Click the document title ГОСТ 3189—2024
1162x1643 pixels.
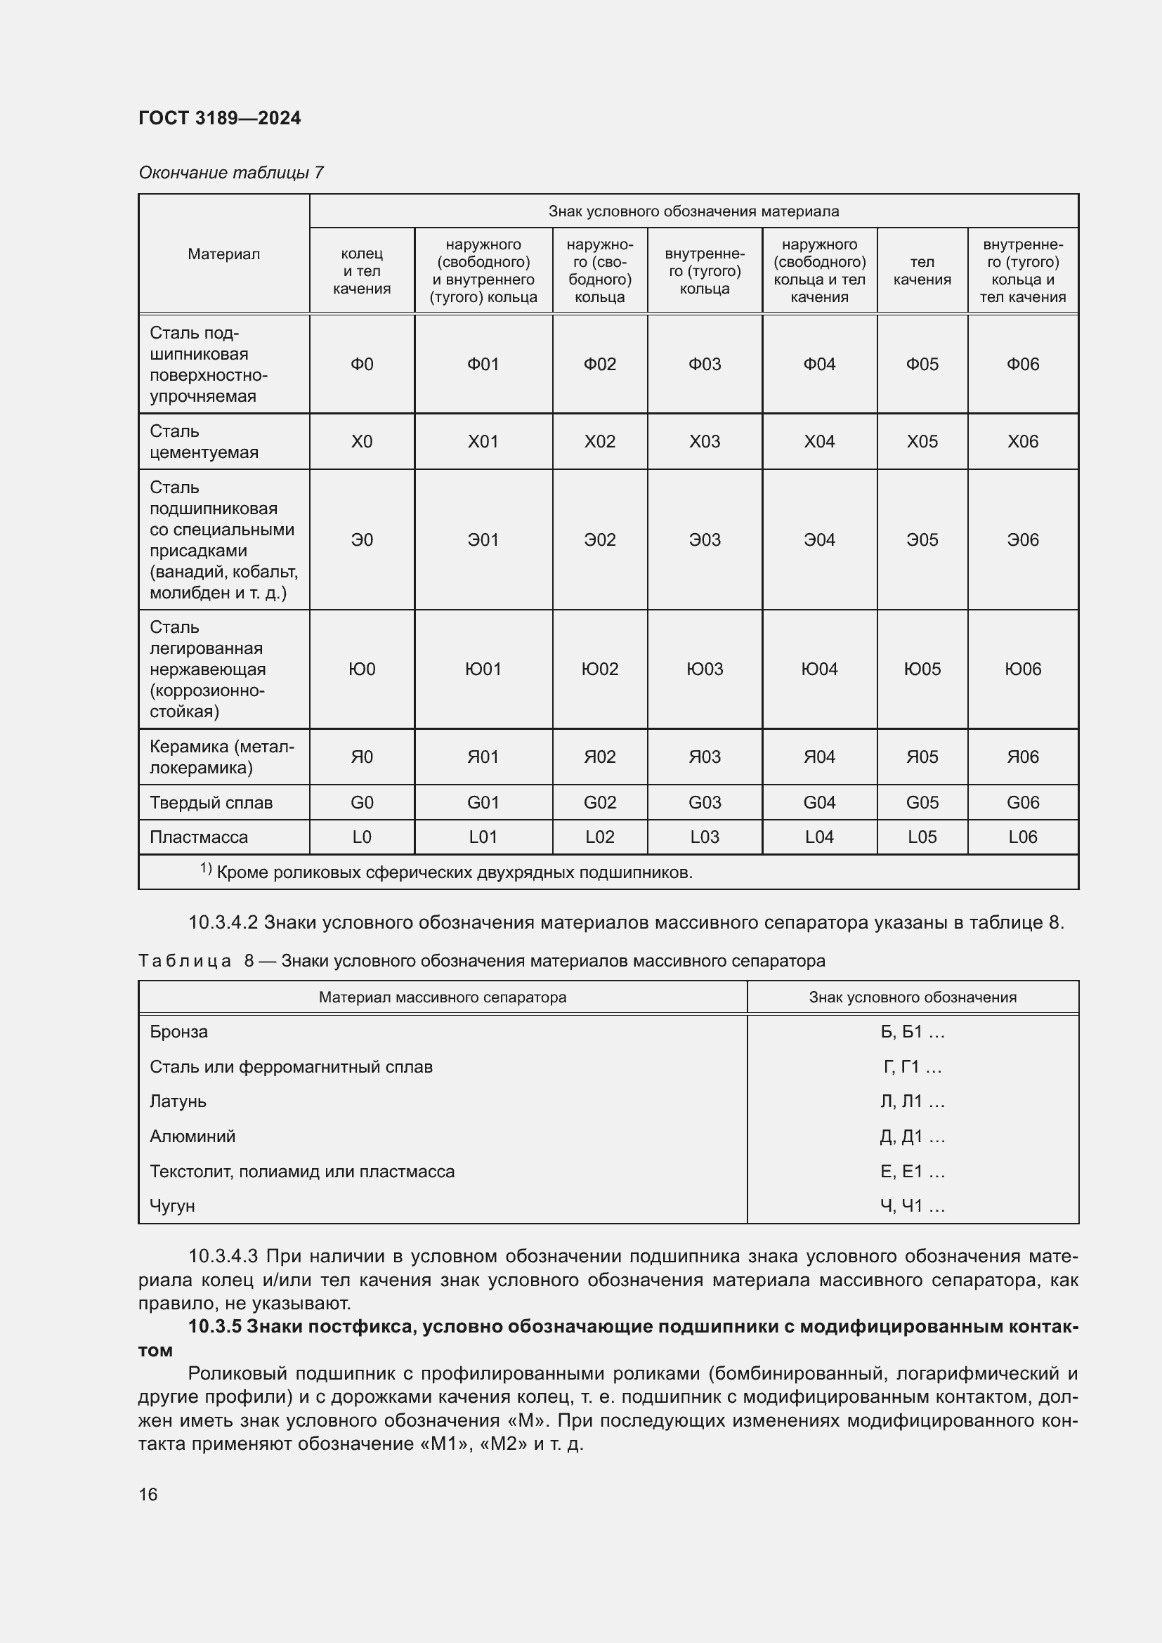click(220, 118)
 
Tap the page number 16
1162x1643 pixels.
click(148, 1494)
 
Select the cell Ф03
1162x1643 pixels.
click(704, 365)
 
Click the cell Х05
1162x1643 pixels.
click(922, 442)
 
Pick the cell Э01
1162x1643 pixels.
click(483, 539)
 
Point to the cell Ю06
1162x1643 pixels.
click(1022, 669)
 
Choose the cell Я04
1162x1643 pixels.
click(818, 757)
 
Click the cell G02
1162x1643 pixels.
click(599, 802)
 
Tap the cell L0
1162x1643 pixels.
click(361, 837)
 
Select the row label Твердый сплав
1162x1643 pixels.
click(211, 802)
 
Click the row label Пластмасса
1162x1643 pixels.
click(199, 837)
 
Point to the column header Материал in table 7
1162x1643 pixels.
click(224, 254)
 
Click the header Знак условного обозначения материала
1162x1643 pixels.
click(693, 211)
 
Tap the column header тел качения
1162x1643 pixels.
click(922, 270)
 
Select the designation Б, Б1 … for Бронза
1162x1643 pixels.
click(912, 1032)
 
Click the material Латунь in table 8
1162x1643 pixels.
click(178, 1101)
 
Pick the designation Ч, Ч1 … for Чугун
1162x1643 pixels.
click(912, 1206)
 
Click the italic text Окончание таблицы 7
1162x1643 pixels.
click(231, 173)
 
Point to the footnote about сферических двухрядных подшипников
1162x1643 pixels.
click(454, 872)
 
